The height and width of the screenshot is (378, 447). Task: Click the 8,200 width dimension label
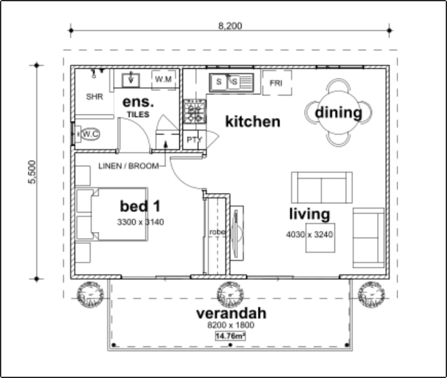tap(230, 26)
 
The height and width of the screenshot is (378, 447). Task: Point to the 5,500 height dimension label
tap(32, 172)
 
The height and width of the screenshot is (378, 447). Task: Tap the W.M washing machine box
tap(164, 80)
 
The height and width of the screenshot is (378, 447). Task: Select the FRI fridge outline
tap(277, 83)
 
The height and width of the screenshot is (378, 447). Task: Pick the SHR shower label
tap(94, 97)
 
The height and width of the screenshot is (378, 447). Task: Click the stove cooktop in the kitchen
tap(195, 111)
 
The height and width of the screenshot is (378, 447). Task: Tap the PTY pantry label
tap(194, 140)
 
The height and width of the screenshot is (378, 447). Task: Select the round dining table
tap(338, 113)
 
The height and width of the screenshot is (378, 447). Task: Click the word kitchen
tap(252, 122)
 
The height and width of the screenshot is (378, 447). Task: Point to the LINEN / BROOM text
tap(128, 166)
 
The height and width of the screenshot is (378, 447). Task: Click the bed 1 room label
tap(140, 206)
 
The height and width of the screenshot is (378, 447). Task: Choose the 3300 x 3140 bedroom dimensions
tap(140, 222)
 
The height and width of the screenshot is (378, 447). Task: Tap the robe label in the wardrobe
tap(217, 232)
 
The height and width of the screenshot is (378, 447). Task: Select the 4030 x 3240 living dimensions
tap(310, 234)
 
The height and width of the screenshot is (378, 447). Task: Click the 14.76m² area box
tap(230, 336)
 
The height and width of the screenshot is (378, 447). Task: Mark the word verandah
tap(231, 313)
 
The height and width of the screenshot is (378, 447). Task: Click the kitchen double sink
tap(231, 82)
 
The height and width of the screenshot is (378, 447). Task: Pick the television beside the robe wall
tap(237, 233)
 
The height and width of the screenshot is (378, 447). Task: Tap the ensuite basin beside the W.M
tap(131, 80)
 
